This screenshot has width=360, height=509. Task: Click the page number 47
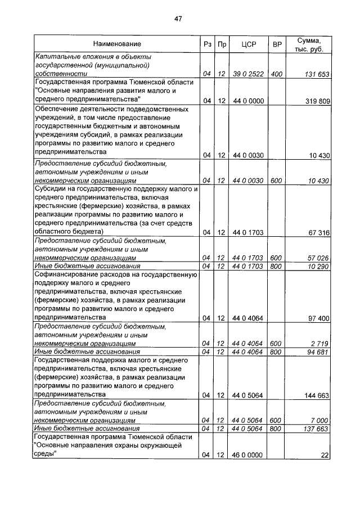[178, 19]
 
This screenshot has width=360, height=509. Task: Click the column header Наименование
[118, 44]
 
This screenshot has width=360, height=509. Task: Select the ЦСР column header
[248, 44]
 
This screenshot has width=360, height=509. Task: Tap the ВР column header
[276, 44]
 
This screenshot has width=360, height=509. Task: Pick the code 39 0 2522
[248, 74]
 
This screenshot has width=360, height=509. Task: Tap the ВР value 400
[276, 74]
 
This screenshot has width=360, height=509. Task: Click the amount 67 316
[317, 232]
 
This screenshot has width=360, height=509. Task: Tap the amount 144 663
[316, 395]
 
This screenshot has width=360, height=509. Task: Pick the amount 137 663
[316, 429]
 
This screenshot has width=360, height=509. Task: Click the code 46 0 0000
[248, 455]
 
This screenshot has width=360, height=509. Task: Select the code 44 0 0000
[248, 101]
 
